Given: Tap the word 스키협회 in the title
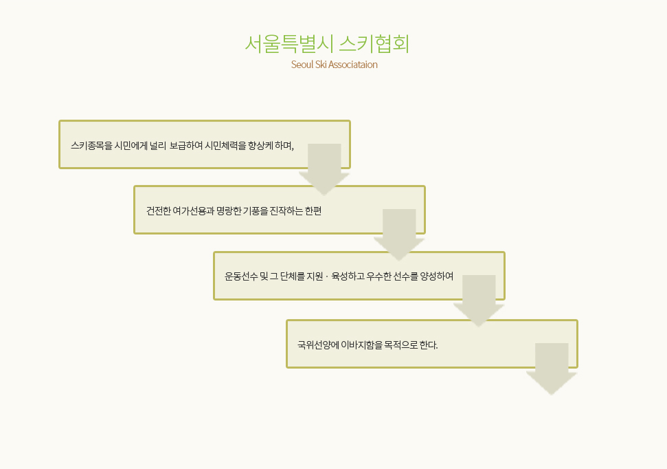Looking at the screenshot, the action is pos(374,44).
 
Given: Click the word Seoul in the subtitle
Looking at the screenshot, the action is pos(302,65).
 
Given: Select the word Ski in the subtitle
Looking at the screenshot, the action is pos(321,65).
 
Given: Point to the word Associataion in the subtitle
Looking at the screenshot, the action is pos(353,65).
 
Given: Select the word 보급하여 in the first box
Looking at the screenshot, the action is pos(186,146).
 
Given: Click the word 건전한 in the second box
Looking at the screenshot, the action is pos(158,211).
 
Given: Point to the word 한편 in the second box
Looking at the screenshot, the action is pos(313,211).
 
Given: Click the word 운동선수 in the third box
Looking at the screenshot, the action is pos(241,276).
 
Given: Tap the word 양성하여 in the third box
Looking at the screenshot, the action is pos(437,276).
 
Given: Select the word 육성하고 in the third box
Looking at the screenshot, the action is pos(348,276).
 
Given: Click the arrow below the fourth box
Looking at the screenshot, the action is pos(552,369).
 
